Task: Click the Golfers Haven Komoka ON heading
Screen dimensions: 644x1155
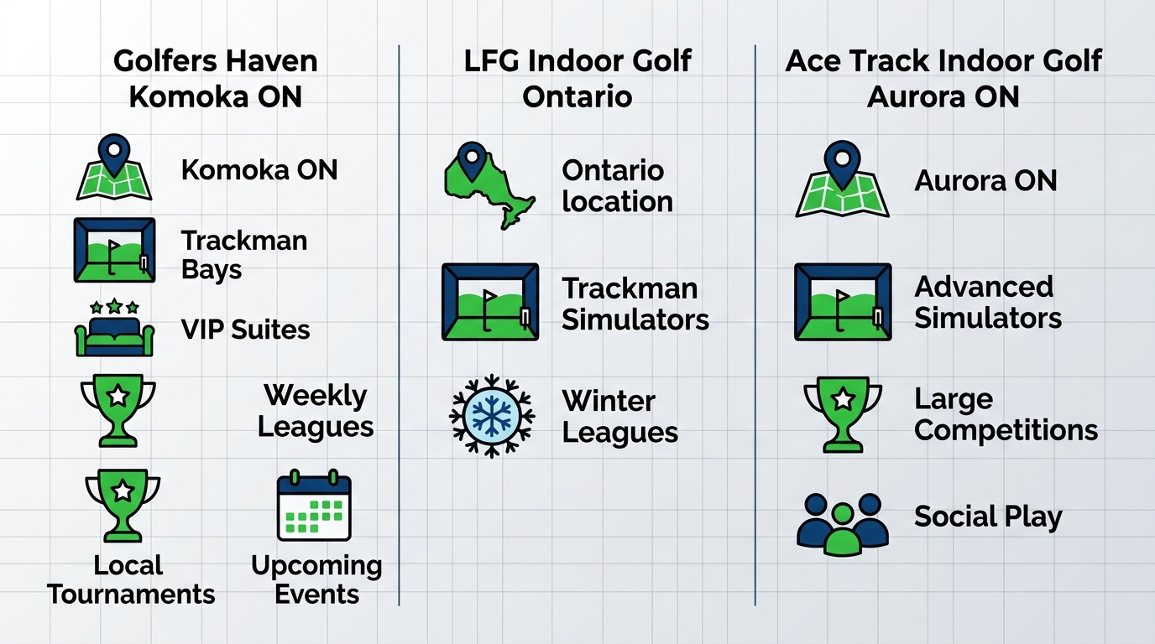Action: coord(215,79)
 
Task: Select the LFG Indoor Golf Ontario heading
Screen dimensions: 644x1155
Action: coord(577,79)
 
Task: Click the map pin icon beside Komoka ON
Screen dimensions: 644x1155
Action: coord(114,170)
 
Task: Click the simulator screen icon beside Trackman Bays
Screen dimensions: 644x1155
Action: coord(114,250)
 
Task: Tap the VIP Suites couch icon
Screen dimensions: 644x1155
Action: coord(114,330)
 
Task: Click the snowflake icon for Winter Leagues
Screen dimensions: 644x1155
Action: coord(492,416)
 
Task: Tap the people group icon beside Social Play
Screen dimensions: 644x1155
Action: coord(842,524)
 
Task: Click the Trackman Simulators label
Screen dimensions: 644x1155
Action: coord(635,304)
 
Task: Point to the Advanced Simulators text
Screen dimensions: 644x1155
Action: coord(987,302)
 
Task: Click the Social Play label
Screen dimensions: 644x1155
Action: coord(987,517)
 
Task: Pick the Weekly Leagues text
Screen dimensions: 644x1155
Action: coord(316,411)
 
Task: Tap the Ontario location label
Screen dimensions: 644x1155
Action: coord(617,185)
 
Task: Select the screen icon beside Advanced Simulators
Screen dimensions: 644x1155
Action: coord(842,302)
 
